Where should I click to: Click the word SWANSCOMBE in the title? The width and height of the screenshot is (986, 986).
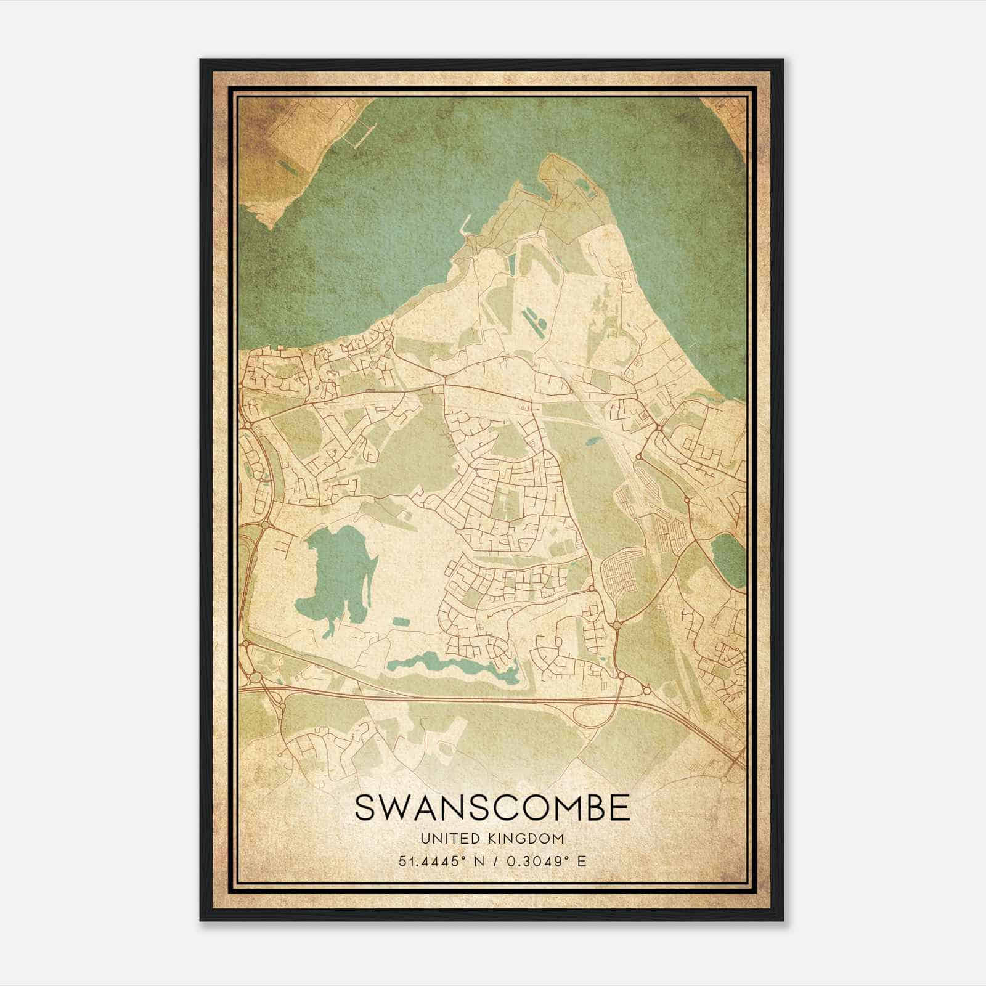(492, 808)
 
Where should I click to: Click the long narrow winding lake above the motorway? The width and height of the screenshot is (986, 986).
(453, 667)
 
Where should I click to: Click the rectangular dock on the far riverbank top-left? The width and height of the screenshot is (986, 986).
(362, 136)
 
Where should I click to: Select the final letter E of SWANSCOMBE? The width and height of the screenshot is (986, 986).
(620, 808)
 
